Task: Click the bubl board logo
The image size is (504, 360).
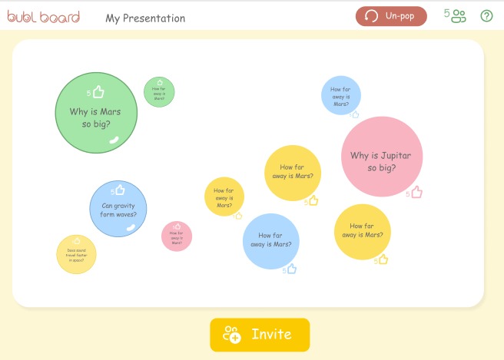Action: click(x=44, y=16)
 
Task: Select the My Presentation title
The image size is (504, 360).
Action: click(x=145, y=18)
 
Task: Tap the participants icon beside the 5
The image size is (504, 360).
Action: click(x=459, y=16)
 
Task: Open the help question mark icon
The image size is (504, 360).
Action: click(x=486, y=16)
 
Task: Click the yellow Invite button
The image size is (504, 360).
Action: click(x=260, y=335)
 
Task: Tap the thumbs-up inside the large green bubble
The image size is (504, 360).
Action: click(x=98, y=92)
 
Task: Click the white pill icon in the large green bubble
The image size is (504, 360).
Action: click(x=114, y=139)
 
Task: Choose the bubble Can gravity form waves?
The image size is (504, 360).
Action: click(x=118, y=209)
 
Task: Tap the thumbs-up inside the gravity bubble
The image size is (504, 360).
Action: click(x=119, y=190)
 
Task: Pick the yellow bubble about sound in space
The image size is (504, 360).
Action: click(x=76, y=254)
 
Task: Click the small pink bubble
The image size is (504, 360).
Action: click(x=177, y=236)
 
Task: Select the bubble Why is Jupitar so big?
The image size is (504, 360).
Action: click(x=382, y=157)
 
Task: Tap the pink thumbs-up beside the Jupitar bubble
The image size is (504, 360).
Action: click(x=416, y=192)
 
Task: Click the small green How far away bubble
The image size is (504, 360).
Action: click(x=159, y=92)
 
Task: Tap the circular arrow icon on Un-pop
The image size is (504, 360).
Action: click(x=372, y=16)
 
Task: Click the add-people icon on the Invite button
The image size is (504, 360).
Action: click(x=231, y=335)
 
